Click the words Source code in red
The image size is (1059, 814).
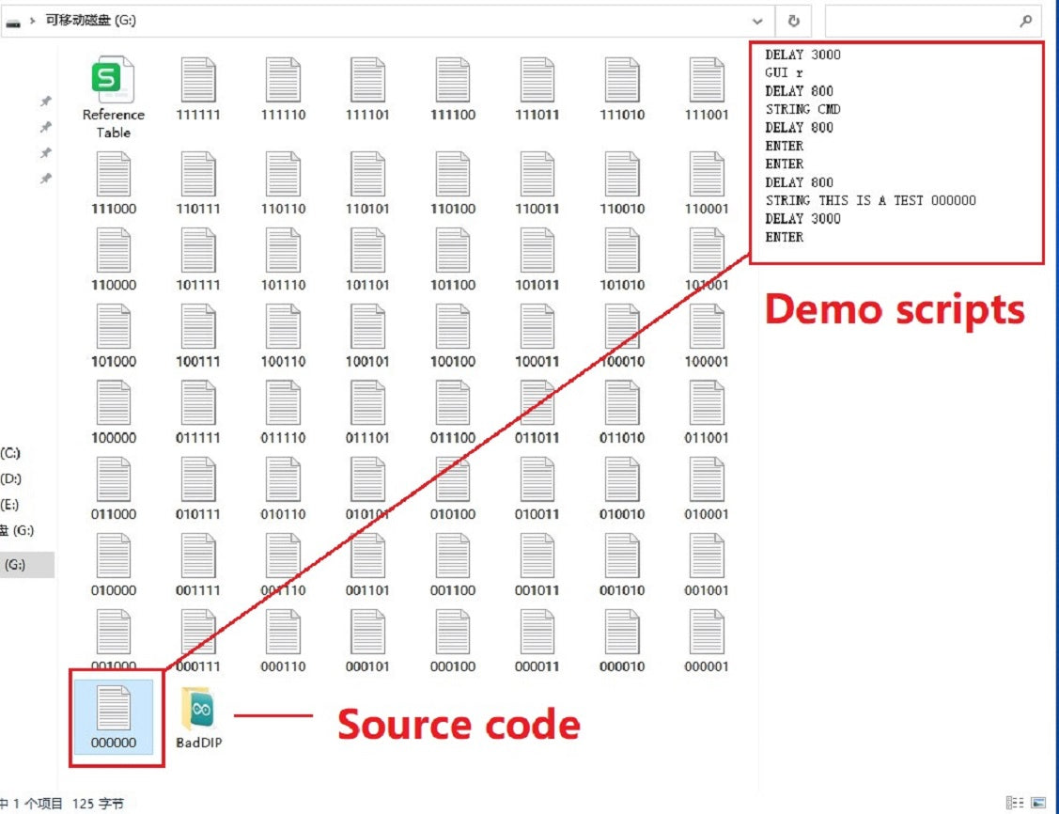(x=459, y=725)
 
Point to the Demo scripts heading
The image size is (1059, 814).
(x=894, y=309)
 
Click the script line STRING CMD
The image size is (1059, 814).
(x=802, y=109)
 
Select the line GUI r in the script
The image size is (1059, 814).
(x=784, y=72)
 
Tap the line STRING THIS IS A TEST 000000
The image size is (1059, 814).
(x=870, y=200)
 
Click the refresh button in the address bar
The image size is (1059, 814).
(x=794, y=21)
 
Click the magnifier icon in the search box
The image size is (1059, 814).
(x=1025, y=21)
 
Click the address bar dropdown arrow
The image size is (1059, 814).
(x=757, y=21)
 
